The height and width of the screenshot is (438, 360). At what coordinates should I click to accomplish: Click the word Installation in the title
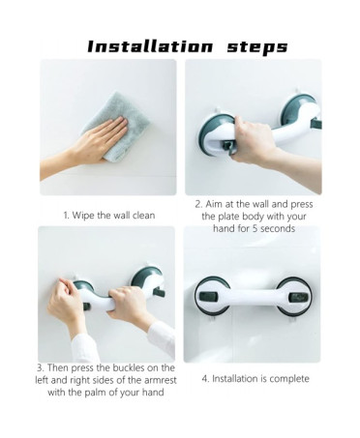click(150, 46)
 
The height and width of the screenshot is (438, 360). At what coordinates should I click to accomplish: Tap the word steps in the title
click(257, 47)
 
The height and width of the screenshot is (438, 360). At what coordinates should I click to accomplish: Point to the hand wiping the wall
click(87, 144)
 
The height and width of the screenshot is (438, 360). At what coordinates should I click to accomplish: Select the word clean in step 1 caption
click(143, 215)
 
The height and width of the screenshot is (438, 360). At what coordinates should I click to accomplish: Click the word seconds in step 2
click(278, 228)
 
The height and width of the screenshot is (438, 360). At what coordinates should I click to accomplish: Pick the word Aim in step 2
click(213, 204)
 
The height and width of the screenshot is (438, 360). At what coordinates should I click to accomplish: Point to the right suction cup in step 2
click(297, 110)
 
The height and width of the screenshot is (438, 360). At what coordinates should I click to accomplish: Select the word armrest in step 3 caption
click(161, 380)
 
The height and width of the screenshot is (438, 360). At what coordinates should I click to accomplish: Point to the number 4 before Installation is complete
click(205, 379)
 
